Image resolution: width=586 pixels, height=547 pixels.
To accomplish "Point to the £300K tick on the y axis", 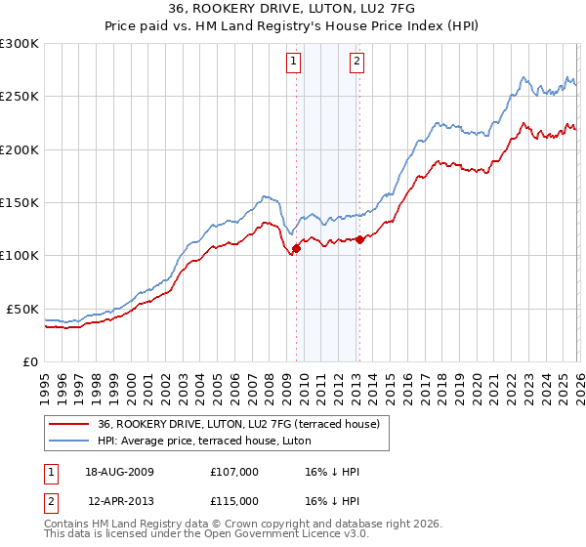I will point(20,44).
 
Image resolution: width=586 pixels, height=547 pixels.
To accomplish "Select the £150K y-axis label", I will point(20,202).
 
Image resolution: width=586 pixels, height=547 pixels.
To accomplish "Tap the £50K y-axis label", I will point(22,309).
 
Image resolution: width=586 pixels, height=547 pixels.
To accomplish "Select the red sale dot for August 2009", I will point(296,248).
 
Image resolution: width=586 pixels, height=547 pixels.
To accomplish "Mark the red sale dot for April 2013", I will point(359,239).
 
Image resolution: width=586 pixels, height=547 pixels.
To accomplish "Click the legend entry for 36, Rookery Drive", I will point(244,423).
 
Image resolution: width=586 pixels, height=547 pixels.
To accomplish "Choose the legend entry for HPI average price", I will point(204,441).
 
